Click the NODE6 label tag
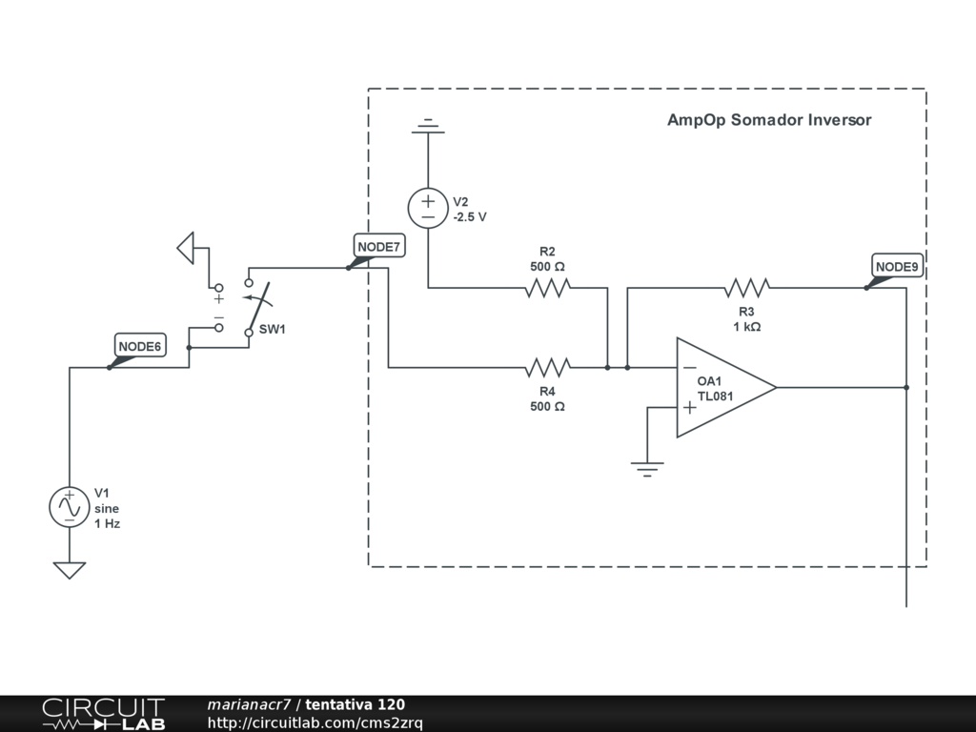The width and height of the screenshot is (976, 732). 140,346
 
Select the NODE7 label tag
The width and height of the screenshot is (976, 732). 379,247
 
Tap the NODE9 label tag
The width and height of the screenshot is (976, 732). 897,267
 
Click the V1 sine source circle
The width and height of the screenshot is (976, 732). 69,507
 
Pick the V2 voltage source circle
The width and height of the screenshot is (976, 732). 428,208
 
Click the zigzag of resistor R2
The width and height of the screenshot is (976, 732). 548,288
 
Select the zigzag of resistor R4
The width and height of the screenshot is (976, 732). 548,368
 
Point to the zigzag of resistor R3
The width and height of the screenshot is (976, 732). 747,288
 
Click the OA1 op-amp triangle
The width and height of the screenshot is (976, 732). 726,388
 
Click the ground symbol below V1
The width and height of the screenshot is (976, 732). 69,570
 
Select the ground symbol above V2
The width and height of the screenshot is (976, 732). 428,126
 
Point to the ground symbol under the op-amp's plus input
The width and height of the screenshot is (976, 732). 647,469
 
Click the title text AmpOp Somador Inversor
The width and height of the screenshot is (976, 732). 769,120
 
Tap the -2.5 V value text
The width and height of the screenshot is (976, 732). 470,217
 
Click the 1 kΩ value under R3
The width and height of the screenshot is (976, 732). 747,327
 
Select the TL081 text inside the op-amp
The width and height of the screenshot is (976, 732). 715,396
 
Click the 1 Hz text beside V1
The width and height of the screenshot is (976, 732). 107,523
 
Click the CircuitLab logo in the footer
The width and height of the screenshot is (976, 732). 103,713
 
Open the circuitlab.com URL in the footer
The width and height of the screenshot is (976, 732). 315,722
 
